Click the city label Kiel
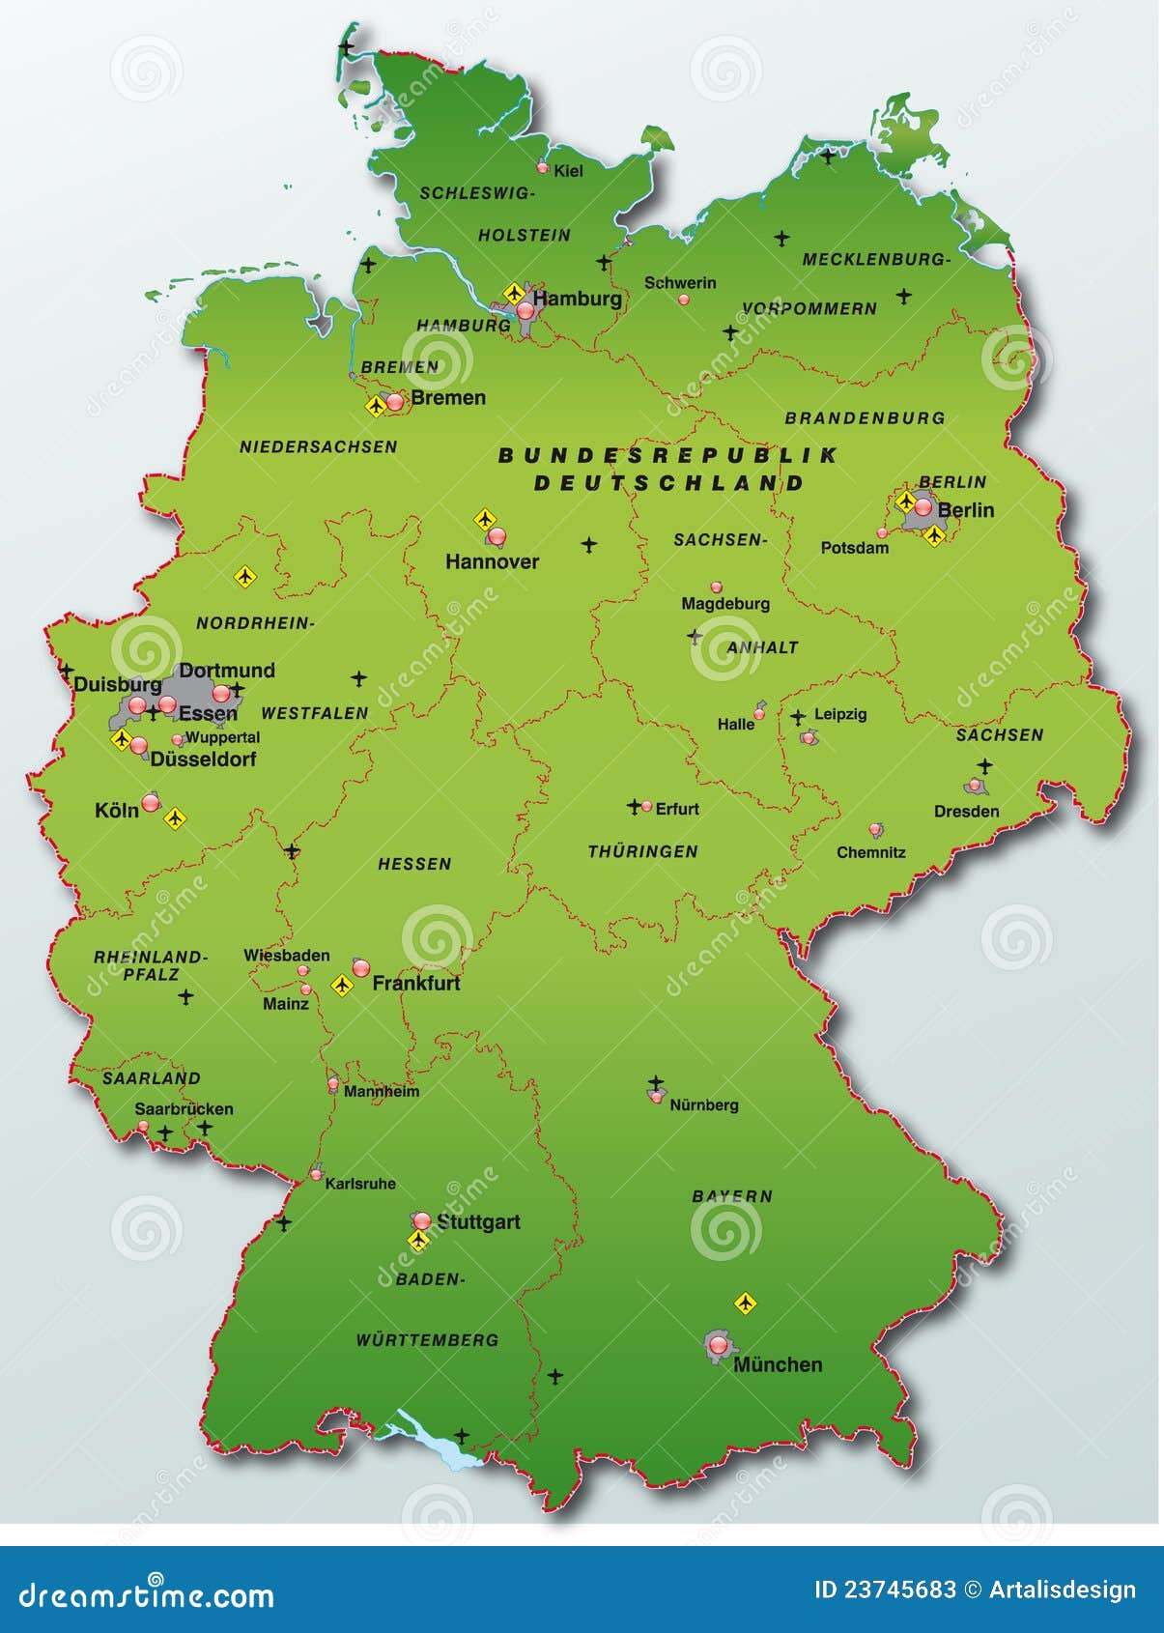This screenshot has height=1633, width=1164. click(x=568, y=171)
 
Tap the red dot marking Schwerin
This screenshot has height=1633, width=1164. click(x=684, y=300)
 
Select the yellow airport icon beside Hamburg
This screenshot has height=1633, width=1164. click(x=514, y=292)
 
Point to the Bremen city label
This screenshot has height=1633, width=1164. click(x=447, y=398)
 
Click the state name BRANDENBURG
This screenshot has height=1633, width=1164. click(x=865, y=418)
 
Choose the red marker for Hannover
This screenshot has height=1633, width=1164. click(x=497, y=535)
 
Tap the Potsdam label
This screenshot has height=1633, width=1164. click(x=854, y=548)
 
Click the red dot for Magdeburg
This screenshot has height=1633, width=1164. click(x=716, y=587)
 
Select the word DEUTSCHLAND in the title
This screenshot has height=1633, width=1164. click(x=668, y=483)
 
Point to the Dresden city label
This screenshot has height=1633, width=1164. click(x=966, y=812)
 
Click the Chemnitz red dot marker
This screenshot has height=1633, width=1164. click(x=875, y=829)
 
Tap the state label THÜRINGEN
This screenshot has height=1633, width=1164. click(x=642, y=851)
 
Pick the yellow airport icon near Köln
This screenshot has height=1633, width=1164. click(x=175, y=819)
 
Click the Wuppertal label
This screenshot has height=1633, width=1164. click(x=222, y=737)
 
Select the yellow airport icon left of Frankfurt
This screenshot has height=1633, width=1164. click(x=341, y=986)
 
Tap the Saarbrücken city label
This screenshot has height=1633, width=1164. click(x=184, y=1109)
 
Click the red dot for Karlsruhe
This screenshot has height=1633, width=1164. click(x=316, y=1175)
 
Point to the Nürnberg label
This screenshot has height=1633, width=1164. click(x=703, y=1104)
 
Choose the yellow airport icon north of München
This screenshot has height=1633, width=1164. click(x=744, y=1304)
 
